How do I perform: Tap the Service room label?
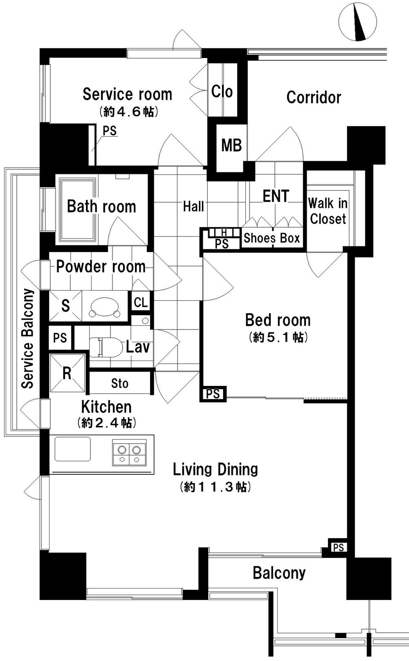click(127, 95)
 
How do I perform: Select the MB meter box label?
click(231, 145)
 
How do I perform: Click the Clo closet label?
click(222, 92)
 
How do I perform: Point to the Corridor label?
click(314, 97)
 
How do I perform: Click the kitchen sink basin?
click(73, 449)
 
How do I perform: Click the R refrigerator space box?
click(67, 373)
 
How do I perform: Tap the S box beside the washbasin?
click(65, 305)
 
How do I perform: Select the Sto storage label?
click(120, 384)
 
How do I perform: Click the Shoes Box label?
click(272, 238)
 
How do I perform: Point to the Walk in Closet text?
click(328, 211)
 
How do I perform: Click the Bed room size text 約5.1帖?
click(278, 337)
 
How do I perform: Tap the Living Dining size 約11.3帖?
click(215, 487)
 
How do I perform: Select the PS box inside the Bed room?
click(213, 394)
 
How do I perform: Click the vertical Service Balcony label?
click(28, 338)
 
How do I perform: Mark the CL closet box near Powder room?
click(141, 302)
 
